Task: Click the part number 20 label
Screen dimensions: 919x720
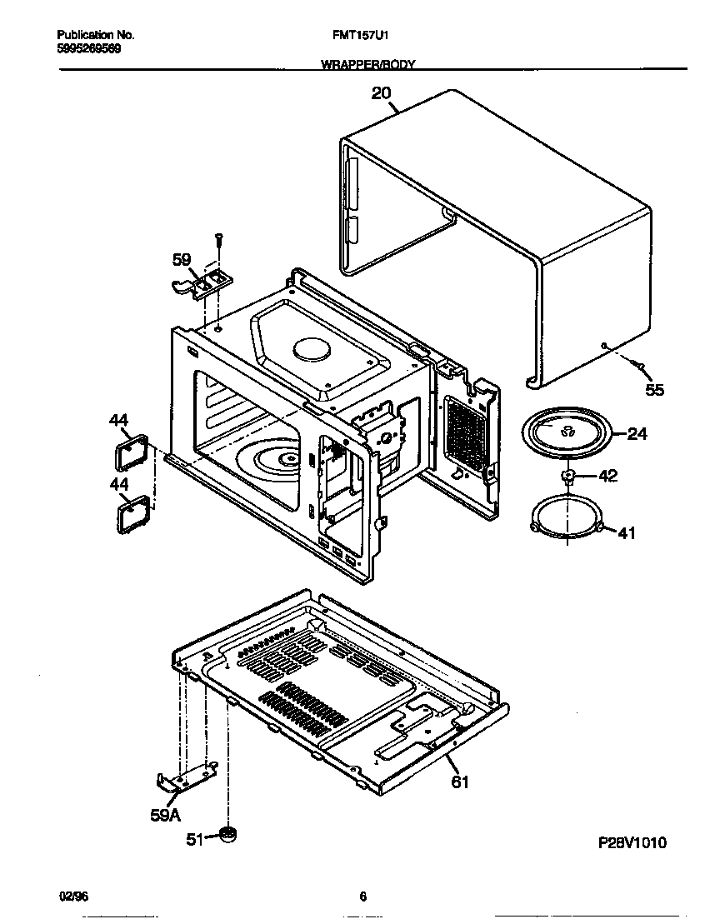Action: point(381,94)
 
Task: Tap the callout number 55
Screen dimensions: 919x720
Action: point(655,389)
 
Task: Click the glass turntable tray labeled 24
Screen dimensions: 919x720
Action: point(566,433)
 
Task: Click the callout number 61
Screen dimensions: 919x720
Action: point(460,782)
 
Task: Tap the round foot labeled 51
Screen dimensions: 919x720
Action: point(227,834)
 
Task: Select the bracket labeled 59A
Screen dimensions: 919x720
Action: point(185,778)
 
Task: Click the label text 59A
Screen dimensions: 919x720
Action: point(165,817)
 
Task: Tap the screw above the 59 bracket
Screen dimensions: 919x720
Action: point(219,239)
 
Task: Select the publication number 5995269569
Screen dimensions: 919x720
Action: point(88,49)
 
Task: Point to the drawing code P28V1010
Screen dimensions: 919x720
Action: point(632,842)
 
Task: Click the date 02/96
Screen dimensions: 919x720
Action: point(73,897)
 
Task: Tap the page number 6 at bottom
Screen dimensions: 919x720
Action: point(362,897)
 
